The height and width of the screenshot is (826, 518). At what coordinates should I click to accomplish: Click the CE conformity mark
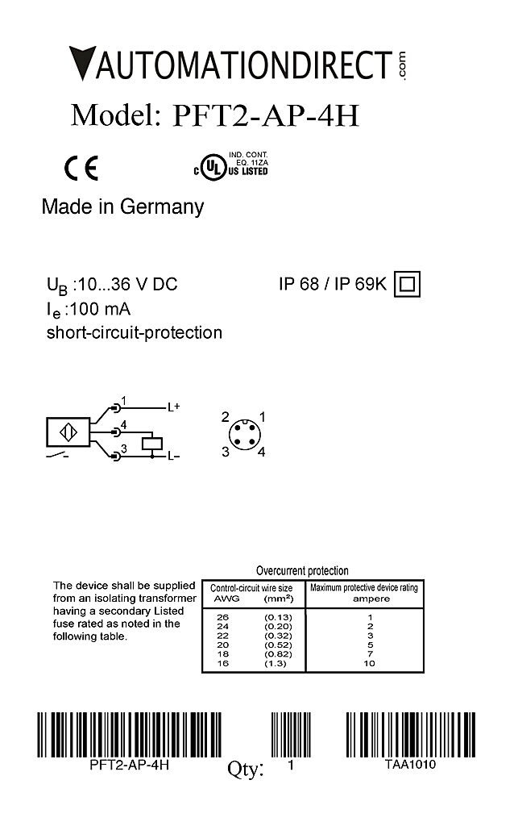[x=81, y=167]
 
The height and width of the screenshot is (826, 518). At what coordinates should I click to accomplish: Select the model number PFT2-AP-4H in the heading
[x=266, y=115]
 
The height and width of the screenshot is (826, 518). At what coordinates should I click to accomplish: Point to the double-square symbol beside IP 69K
[x=408, y=284]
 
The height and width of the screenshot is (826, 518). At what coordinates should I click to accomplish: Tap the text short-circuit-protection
[x=135, y=332]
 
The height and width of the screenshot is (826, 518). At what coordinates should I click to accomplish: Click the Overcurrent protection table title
[x=302, y=570]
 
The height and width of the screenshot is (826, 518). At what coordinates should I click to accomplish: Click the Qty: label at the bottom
[x=246, y=770]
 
